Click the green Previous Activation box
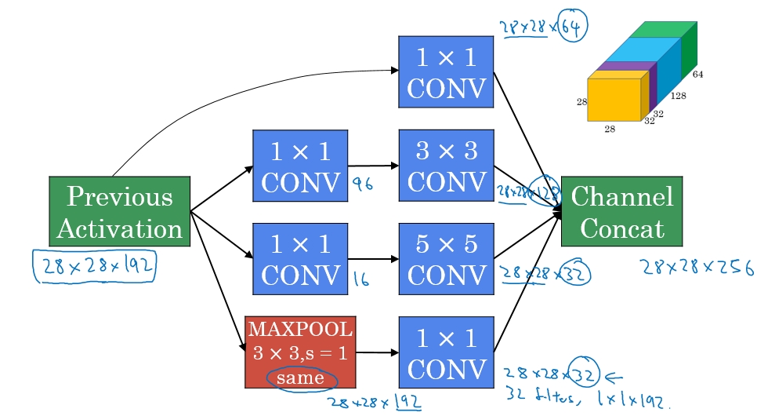click(x=119, y=211)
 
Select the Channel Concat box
click(x=621, y=211)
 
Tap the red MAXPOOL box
click(x=300, y=352)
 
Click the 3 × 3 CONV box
click(x=446, y=166)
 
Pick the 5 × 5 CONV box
click(x=446, y=258)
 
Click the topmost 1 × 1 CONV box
click(x=446, y=71)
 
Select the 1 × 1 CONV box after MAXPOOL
click(x=446, y=352)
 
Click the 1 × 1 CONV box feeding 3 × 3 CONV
click(x=300, y=166)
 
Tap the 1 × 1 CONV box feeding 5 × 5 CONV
click(x=300, y=258)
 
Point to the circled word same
click(x=301, y=378)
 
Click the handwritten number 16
click(x=361, y=279)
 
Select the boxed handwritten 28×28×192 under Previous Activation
click(x=94, y=265)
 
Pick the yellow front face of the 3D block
click(x=614, y=100)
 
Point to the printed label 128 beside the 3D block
click(x=679, y=96)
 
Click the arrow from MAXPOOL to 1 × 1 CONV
click(x=377, y=352)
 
